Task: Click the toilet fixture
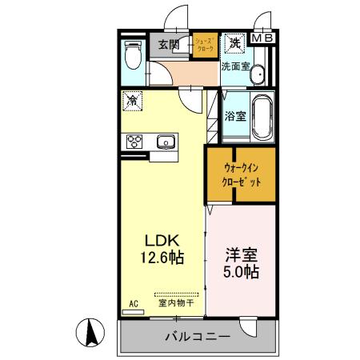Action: [134, 55]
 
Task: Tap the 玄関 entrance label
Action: [169, 44]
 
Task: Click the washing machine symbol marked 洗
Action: [235, 42]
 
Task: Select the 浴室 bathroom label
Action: [235, 116]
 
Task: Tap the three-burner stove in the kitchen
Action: [134, 142]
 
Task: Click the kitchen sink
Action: [167, 142]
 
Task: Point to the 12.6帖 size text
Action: [165, 258]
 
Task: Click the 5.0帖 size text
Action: [240, 272]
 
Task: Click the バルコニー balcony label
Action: [198, 336]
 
